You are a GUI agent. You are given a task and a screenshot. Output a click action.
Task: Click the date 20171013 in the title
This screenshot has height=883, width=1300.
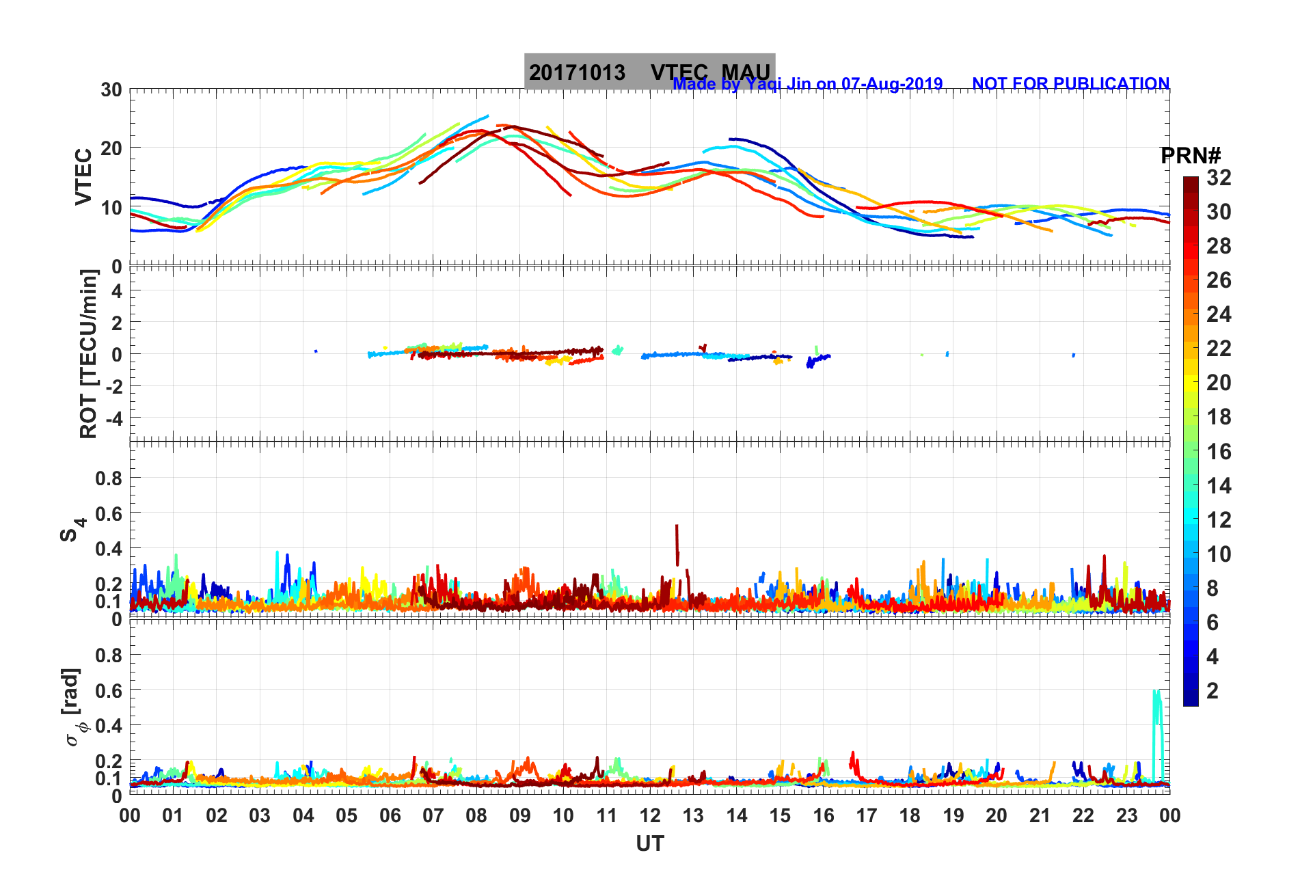pos(577,72)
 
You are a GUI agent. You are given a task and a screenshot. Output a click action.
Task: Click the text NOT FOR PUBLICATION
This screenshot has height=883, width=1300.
pos(1070,83)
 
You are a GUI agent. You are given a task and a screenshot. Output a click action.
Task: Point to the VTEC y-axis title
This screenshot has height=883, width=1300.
pos(83,176)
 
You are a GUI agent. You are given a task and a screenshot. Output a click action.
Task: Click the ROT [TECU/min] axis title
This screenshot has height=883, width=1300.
pos(89,353)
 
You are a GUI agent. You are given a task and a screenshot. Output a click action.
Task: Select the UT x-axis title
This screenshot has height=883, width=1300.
pos(649,844)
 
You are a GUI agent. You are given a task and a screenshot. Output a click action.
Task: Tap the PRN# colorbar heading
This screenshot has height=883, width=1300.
pos(1191,156)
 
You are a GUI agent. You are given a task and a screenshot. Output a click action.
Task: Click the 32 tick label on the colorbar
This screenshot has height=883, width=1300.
pos(1219,178)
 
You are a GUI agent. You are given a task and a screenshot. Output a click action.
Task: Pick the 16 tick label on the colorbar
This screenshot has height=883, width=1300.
pos(1219,451)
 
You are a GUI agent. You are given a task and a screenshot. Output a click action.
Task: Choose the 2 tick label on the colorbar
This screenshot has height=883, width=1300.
pos(1213,690)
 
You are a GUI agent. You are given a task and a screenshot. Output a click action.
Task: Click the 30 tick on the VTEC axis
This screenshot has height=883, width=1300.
pos(111,90)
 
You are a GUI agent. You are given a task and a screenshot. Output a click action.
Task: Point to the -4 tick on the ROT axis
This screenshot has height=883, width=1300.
pos(113,418)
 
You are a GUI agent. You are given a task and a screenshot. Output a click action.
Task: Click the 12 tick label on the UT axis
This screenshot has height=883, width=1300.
pos(649,815)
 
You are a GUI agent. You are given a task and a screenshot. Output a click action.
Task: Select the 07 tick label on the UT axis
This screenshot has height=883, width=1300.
pos(433,815)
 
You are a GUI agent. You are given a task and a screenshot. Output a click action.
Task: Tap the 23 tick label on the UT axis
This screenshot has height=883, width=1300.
pos(1126,815)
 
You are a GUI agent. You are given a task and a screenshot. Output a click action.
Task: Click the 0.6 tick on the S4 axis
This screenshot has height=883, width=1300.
pos(109,513)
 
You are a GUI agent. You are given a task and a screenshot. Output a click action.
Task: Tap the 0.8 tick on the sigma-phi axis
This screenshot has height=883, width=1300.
pos(109,655)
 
